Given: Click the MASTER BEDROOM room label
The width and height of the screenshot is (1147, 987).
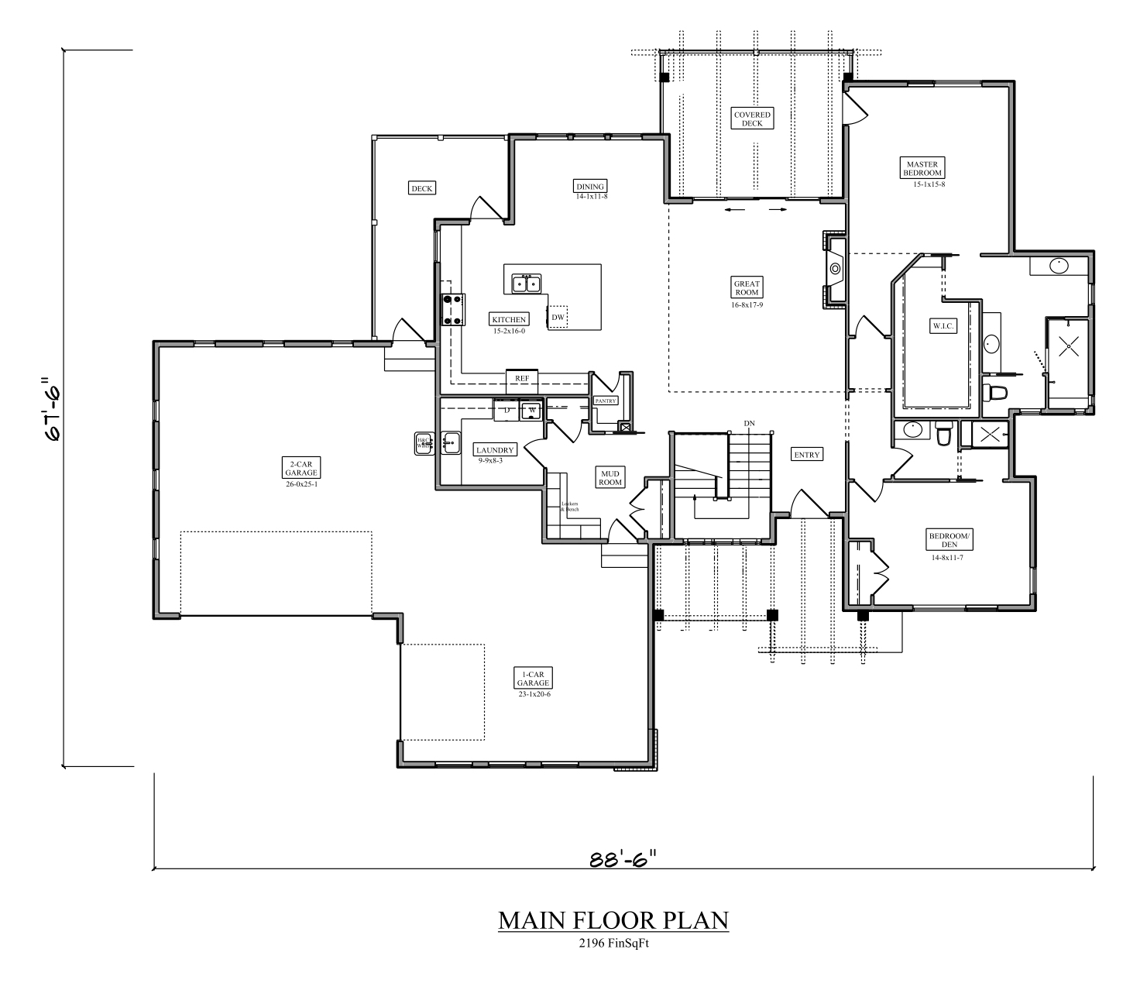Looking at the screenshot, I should (x=922, y=168).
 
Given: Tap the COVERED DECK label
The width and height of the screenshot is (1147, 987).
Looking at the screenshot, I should (x=752, y=119).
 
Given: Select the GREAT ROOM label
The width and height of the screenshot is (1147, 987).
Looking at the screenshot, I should (x=747, y=288).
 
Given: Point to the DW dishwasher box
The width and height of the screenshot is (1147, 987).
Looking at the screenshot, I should (x=558, y=317).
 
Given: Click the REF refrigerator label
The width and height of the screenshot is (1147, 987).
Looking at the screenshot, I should (x=522, y=378).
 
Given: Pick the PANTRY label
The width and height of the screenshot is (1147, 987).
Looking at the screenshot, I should (x=605, y=401).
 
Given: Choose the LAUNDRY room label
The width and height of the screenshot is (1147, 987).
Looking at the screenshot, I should (x=495, y=450).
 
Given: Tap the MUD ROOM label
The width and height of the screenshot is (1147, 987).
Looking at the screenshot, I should (x=610, y=477).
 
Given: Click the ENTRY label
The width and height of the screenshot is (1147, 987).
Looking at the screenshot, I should (x=806, y=455).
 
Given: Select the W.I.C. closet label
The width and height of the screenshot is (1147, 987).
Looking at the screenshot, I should (x=943, y=326).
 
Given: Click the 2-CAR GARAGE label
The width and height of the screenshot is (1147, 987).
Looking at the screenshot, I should (x=301, y=468).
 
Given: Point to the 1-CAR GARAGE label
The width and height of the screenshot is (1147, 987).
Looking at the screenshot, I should (x=534, y=679).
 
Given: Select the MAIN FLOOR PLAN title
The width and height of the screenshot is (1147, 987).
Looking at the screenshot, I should (x=613, y=920).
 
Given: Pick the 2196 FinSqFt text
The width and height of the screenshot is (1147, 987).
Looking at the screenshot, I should (x=613, y=943).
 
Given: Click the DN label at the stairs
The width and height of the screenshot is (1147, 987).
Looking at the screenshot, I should (x=749, y=423).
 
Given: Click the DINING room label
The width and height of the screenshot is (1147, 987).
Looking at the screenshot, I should (x=589, y=186).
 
